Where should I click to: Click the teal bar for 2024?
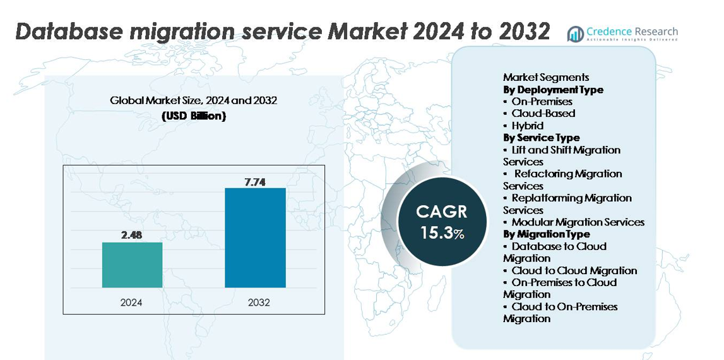click(132, 265)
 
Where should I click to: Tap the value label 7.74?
click(255, 182)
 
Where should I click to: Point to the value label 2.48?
click(132, 236)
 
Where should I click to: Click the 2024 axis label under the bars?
click(131, 303)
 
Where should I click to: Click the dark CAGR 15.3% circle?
click(442, 221)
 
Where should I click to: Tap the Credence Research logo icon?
click(575, 34)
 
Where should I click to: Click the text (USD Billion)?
click(193, 116)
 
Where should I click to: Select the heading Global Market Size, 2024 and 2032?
click(193, 100)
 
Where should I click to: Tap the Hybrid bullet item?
click(527, 126)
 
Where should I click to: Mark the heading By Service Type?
click(541, 138)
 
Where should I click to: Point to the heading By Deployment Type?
click(553, 90)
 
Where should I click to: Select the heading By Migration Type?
click(546, 234)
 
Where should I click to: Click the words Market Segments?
click(545, 77)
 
